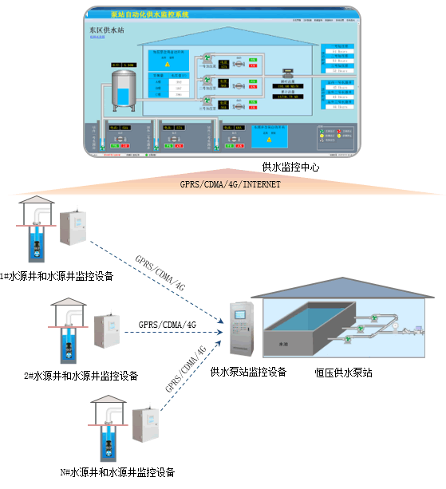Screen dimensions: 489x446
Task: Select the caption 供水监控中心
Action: [292, 167]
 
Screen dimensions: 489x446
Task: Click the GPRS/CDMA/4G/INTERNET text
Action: [230, 185]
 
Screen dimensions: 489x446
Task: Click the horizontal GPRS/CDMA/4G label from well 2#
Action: [168, 325]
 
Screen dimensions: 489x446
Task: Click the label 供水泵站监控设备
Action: [248, 372]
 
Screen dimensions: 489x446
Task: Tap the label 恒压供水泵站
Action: [344, 372]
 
